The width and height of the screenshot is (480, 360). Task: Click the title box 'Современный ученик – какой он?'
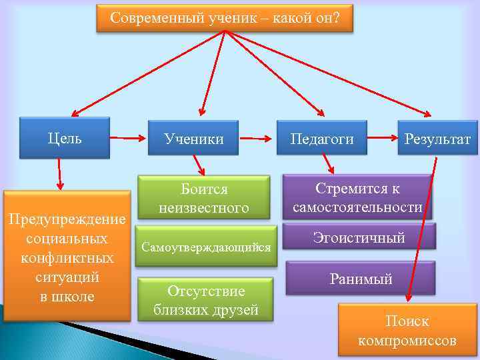pos(225,18)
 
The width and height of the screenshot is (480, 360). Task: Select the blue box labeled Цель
pos(65,138)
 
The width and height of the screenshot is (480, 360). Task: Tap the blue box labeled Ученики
pos(194,139)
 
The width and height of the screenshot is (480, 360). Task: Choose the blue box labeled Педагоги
pos(322,139)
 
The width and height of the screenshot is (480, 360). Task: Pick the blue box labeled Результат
pos(437,139)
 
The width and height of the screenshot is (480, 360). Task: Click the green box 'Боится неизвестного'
pos(204,198)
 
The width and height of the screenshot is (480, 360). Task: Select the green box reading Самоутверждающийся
pos(205,247)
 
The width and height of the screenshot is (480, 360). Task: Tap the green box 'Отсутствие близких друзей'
pos(205,300)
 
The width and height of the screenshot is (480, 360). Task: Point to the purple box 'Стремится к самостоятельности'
pos(357,197)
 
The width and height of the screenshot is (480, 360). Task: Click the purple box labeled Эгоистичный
pos(359,237)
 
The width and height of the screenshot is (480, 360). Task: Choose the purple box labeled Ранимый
pos(361,279)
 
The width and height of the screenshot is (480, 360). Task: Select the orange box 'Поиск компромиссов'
pos(407,331)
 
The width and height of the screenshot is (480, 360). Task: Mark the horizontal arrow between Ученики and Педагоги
pos(257,139)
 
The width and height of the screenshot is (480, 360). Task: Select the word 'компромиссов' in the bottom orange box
pos(407,341)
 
